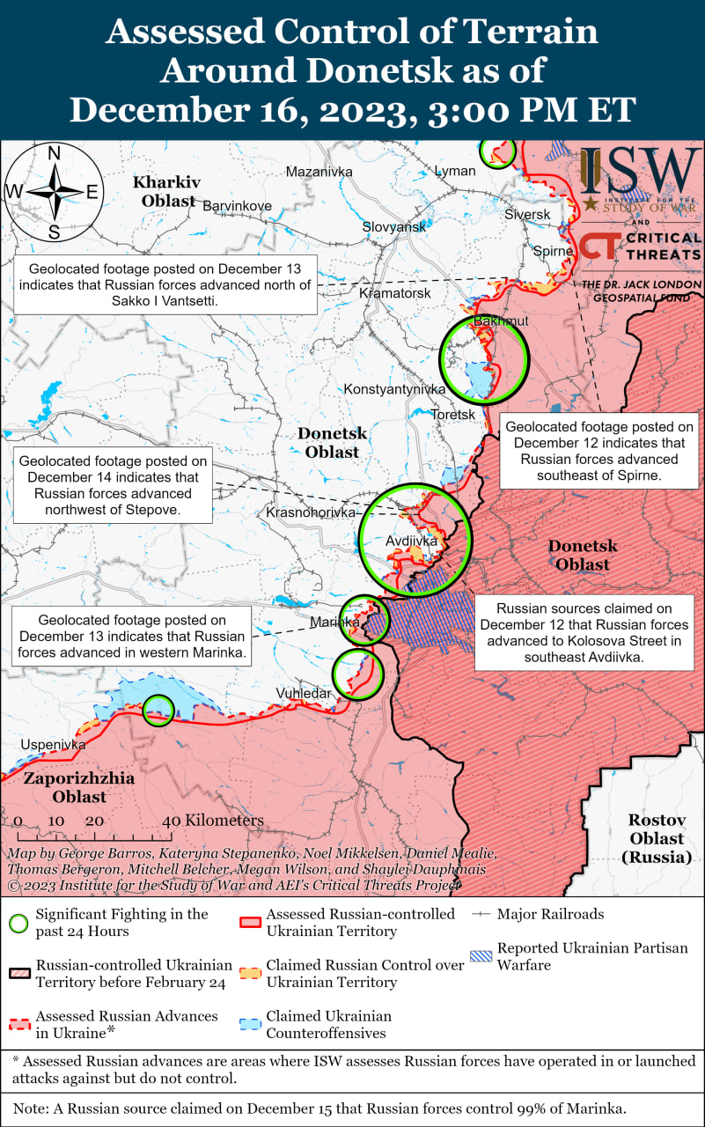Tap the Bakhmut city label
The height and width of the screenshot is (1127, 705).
point(501,320)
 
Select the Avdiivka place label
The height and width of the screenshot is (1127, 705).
point(412,541)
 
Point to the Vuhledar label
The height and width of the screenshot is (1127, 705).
point(304,693)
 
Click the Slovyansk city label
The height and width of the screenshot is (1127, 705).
point(393,226)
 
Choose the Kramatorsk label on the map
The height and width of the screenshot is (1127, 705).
point(395,292)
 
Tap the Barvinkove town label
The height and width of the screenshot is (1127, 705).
point(237,205)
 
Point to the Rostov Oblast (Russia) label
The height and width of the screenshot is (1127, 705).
point(657,837)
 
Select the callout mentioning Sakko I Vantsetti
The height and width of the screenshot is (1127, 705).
point(165,284)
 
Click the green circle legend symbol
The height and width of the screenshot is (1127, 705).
point(18,923)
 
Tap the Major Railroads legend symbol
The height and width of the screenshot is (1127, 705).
point(481,914)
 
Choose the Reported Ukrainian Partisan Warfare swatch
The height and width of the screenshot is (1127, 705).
point(481,956)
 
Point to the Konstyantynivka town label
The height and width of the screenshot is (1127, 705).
point(394,388)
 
